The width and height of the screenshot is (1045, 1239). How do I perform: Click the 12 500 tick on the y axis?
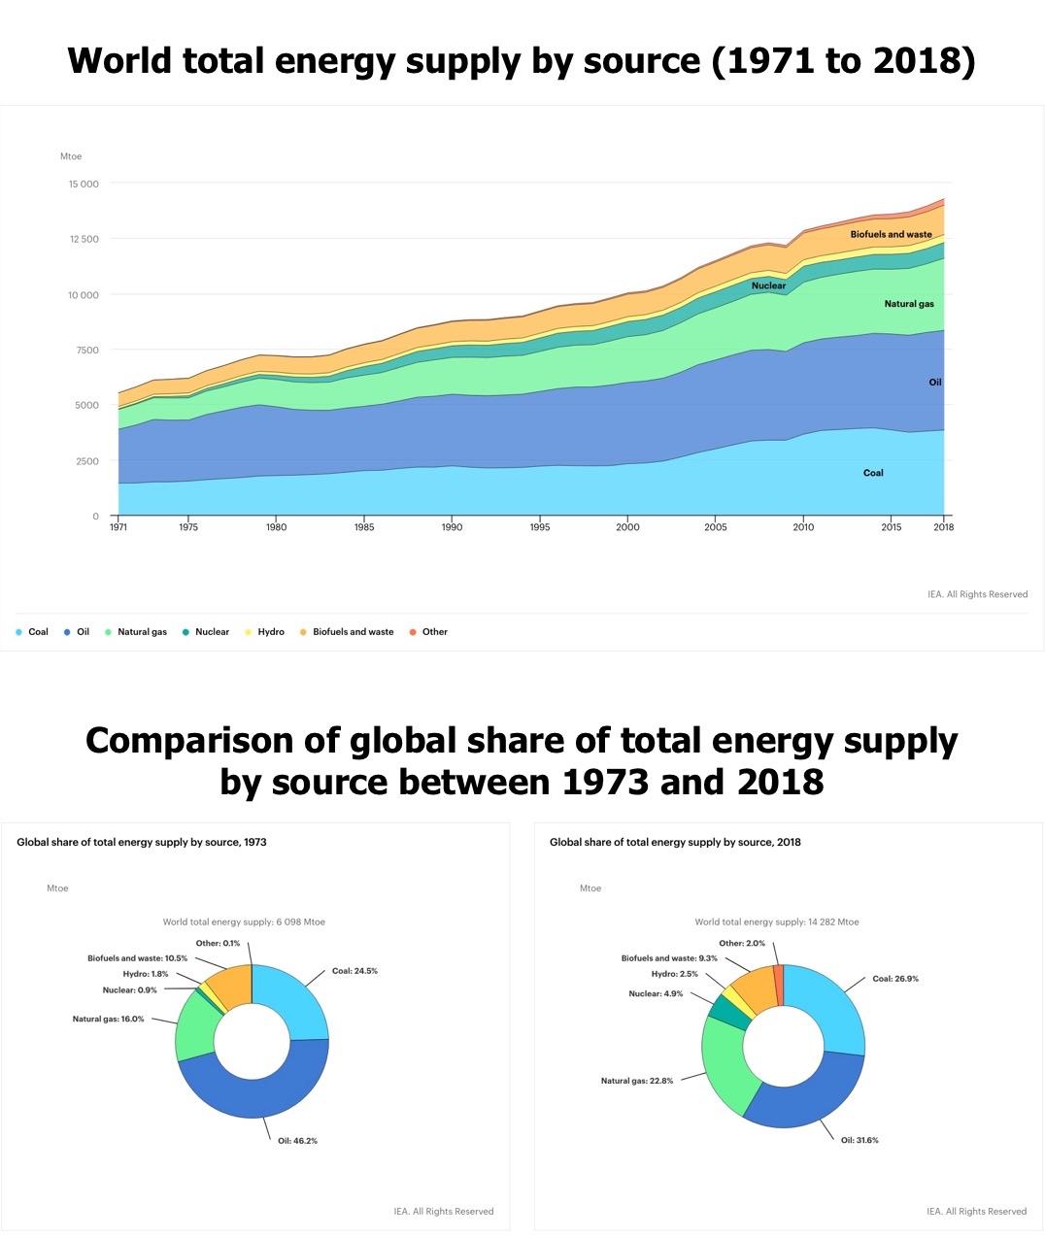click(83, 239)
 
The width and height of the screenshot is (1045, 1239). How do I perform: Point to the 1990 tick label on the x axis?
click(452, 527)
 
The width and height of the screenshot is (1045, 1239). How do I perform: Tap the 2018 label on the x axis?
click(943, 527)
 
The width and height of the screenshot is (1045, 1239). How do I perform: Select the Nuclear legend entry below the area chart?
click(212, 632)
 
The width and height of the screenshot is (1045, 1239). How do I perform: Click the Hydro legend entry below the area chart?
click(271, 632)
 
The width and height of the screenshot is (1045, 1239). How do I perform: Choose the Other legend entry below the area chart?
click(434, 632)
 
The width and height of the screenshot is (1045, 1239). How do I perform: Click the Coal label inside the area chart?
click(873, 473)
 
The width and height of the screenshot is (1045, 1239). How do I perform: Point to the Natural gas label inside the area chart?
click(909, 304)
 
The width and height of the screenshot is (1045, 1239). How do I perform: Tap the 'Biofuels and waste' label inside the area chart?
click(891, 234)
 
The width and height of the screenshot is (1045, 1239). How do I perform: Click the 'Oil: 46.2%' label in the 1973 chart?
click(297, 1141)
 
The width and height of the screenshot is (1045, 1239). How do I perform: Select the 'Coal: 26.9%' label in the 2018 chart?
click(894, 979)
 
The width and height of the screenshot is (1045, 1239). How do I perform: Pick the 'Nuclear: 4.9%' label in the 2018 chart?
click(656, 993)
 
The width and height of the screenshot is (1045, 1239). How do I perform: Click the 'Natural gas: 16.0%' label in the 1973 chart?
click(108, 1019)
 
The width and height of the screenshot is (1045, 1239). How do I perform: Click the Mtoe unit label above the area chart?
click(71, 156)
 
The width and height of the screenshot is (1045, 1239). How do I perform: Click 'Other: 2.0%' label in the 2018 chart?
click(742, 943)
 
